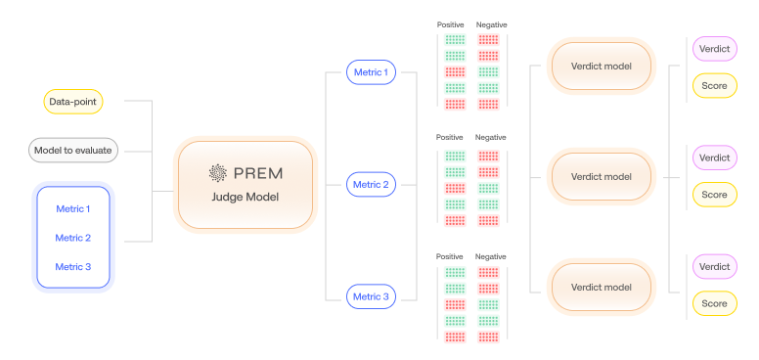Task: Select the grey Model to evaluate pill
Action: click(73, 150)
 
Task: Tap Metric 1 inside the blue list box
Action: click(73, 208)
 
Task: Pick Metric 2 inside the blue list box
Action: click(73, 238)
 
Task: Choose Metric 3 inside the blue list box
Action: click(73, 267)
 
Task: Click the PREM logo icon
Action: click(217, 173)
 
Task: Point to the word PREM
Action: click(257, 173)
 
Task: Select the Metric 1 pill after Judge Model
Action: click(371, 71)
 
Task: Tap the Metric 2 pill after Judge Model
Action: click(371, 184)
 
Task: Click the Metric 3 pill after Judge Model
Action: click(371, 296)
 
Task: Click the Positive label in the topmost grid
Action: click(450, 24)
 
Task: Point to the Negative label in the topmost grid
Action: click(491, 24)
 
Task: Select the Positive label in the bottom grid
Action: click(450, 256)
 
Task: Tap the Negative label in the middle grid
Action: click(491, 137)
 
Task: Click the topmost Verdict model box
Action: click(600, 67)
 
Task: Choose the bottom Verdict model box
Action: click(600, 288)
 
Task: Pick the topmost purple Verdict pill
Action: click(714, 48)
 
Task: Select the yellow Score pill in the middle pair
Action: click(714, 195)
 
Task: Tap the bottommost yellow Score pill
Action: click(714, 304)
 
